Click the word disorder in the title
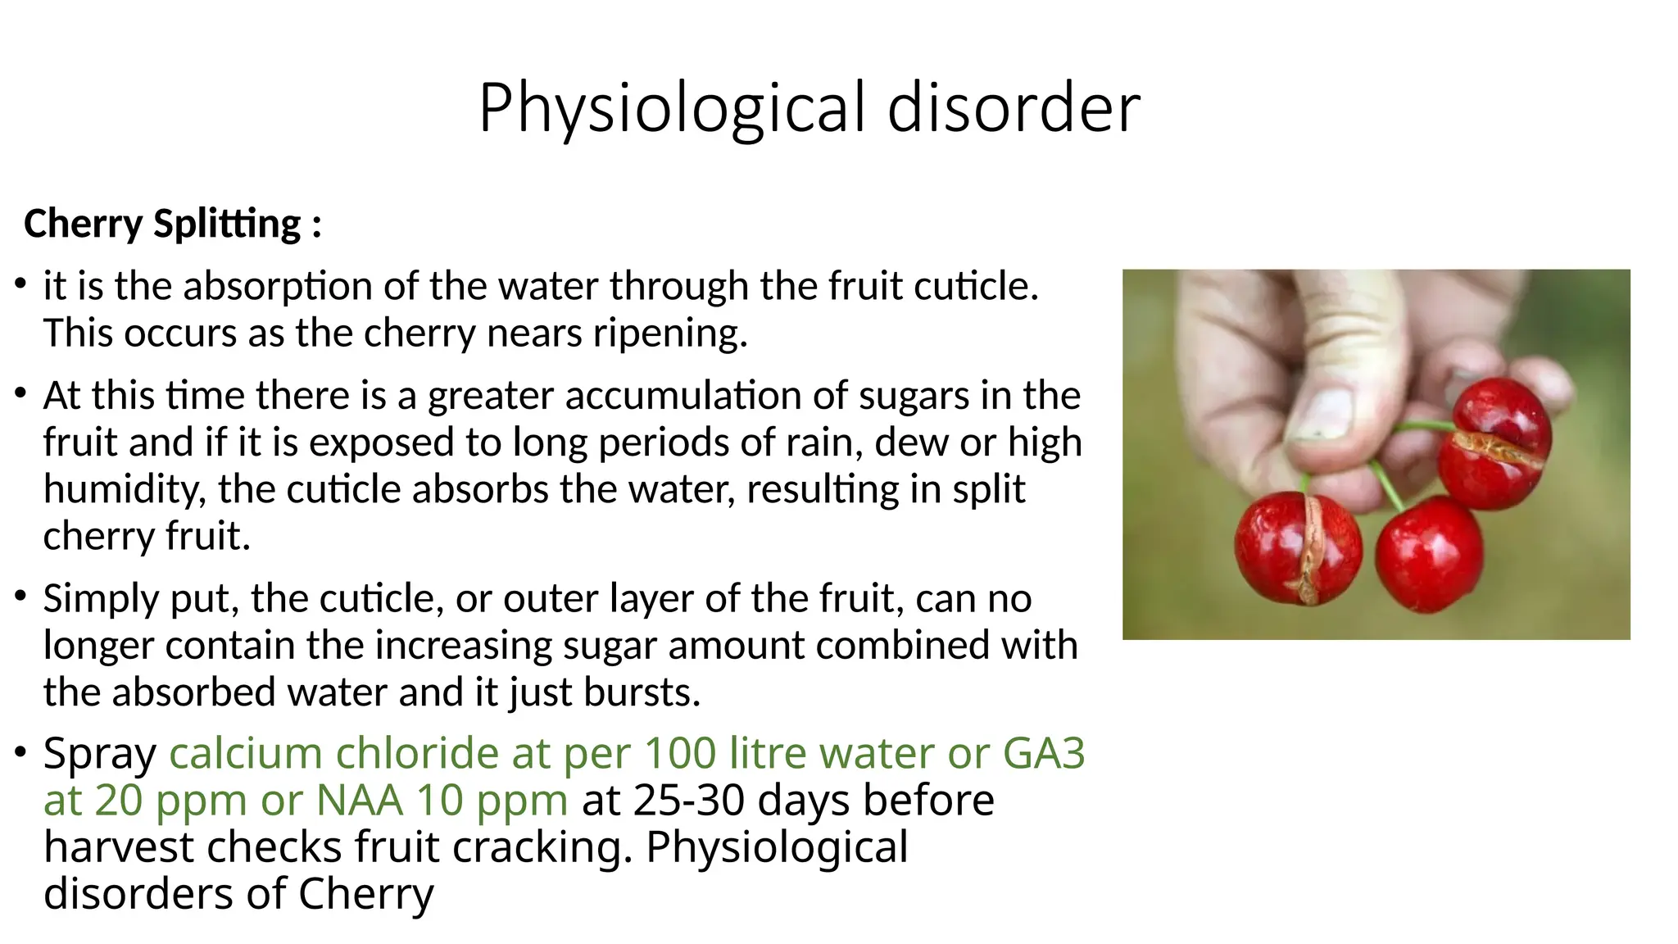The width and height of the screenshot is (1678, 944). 1014,109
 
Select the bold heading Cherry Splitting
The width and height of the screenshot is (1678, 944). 172,224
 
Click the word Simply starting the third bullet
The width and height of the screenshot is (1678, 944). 100,599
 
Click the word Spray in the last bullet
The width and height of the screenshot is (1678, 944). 100,753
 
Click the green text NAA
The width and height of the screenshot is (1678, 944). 360,801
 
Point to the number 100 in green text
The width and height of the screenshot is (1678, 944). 680,753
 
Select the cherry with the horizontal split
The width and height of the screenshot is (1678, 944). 1494,442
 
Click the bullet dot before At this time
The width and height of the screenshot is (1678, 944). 20,394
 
